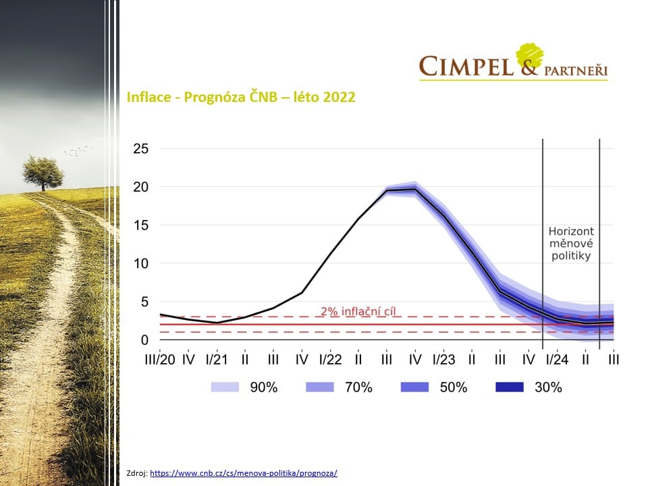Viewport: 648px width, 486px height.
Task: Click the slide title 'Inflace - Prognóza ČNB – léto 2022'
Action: (241, 97)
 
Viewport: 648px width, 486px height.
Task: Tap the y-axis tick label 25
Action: (140, 148)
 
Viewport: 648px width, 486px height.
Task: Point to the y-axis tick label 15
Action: (140, 225)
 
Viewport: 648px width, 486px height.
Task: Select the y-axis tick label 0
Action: (144, 340)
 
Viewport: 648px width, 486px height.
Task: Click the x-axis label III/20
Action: (160, 359)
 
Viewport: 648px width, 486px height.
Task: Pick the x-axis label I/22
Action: (330, 359)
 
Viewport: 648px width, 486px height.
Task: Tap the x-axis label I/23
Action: (443, 359)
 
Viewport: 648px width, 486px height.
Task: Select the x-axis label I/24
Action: (557, 359)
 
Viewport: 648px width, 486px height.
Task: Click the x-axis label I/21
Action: (217, 359)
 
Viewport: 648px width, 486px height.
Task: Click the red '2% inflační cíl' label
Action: (358, 312)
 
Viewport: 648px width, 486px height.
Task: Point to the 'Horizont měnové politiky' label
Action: (571, 244)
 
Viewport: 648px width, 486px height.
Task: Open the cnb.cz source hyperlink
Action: (244, 473)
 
